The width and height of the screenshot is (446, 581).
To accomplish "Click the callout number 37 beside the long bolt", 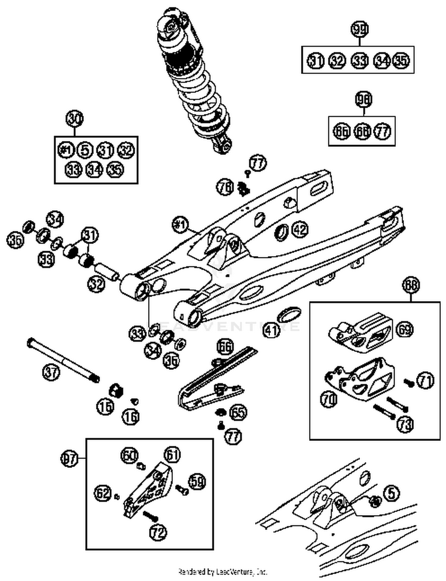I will pyautogui.click(x=51, y=372).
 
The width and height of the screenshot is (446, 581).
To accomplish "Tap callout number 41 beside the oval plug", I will pyautogui.click(x=271, y=329).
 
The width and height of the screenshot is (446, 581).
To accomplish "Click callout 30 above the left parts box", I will pyautogui.click(x=74, y=119).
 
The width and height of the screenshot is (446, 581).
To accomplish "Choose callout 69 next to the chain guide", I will pyautogui.click(x=405, y=329).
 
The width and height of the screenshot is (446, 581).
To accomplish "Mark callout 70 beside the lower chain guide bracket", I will pyautogui.click(x=329, y=399).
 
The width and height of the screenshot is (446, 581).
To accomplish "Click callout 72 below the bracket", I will pyautogui.click(x=158, y=532).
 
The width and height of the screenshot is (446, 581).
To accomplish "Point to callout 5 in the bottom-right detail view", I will pyautogui.click(x=392, y=493).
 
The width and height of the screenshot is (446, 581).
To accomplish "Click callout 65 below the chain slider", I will pyautogui.click(x=238, y=412).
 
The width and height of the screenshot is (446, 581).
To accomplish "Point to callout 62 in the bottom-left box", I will pyautogui.click(x=103, y=493).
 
